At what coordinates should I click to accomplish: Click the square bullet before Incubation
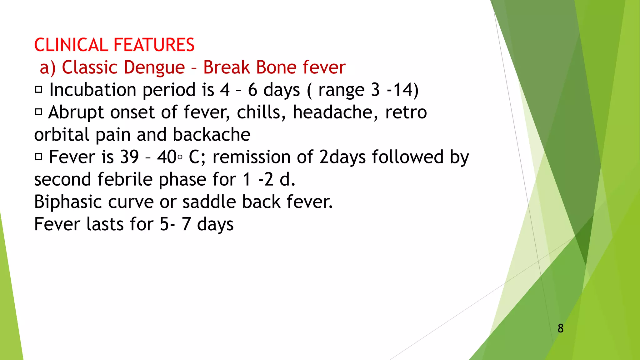[38, 90]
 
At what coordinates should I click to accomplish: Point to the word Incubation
[93, 90]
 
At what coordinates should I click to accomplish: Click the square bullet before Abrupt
[38, 112]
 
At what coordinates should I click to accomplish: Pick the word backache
[212, 135]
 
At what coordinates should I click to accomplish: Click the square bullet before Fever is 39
[38, 157]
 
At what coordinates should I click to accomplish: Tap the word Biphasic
[68, 202]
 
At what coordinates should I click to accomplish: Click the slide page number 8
[561, 328]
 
